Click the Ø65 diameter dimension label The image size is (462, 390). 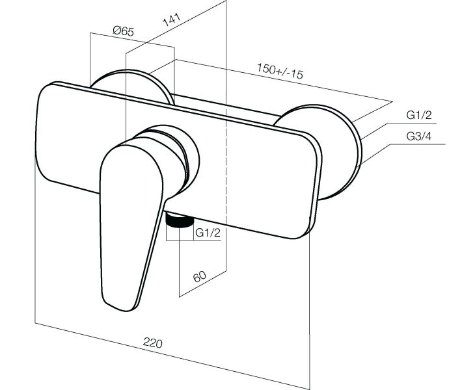(124, 31)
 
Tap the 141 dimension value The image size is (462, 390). (172, 19)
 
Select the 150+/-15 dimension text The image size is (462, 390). (280, 71)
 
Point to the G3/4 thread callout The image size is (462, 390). (418, 136)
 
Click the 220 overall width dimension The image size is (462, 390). (153, 343)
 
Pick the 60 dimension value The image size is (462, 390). (200, 276)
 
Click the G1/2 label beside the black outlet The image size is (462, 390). (208, 233)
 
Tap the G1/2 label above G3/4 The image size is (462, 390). (418, 115)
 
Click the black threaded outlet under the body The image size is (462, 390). (180, 220)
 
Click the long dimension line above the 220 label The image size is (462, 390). (172, 356)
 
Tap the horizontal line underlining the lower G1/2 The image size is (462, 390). (193, 240)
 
